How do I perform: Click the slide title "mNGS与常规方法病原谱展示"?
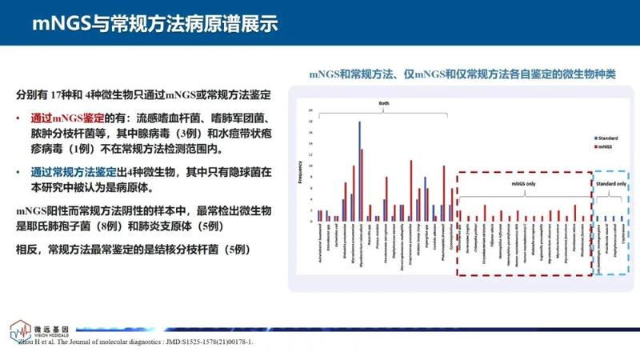click(155, 23)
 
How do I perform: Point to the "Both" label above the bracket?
click(384, 103)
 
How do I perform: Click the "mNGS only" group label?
click(524, 183)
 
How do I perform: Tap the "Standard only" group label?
click(610, 183)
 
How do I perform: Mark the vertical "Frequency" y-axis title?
click(301, 173)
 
